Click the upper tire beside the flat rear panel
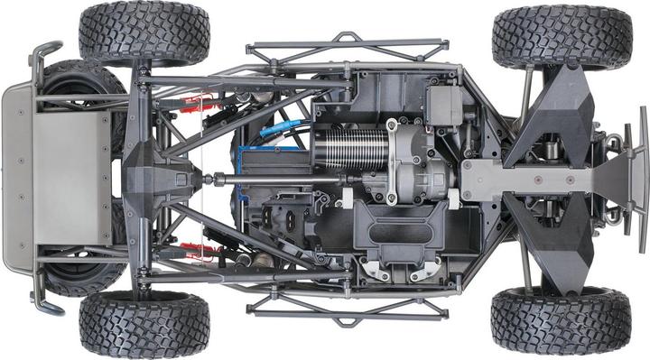coord(144,33)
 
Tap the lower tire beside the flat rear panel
coord(144,324)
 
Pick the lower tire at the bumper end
coord(562,320)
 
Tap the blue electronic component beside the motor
coord(271,144)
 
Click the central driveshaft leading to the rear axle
coord(271,179)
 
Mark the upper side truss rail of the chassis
coord(347,50)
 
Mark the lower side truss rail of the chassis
coord(347,309)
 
